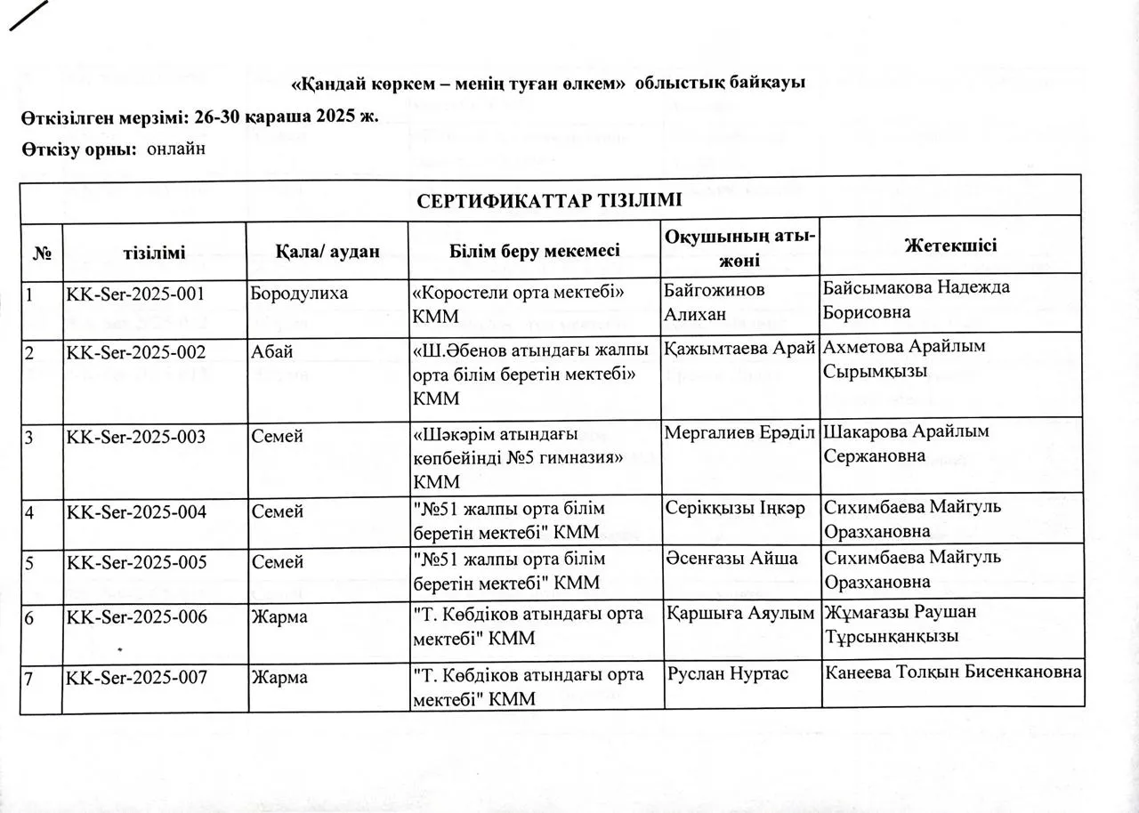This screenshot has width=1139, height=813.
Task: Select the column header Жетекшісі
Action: [950, 246]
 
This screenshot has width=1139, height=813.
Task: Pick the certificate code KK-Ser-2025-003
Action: [136, 437]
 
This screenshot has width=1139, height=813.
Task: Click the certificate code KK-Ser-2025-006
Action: [136, 615]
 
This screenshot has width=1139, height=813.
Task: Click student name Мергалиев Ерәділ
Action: [739, 433]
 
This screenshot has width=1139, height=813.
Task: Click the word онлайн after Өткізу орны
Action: [176, 149]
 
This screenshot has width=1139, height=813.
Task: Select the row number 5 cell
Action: [28, 562]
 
